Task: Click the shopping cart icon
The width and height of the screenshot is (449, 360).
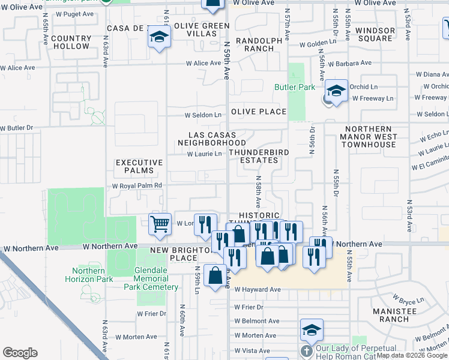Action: pos(160,224)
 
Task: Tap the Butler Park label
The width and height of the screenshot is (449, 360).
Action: pos(295,88)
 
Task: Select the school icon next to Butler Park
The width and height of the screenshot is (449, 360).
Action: pos(336,91)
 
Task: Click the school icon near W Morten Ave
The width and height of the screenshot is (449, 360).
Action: pos(312,330)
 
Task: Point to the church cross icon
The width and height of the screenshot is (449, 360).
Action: pos(306,350)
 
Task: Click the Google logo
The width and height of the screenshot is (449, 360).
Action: pos(20,353)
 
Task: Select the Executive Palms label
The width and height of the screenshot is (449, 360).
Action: pos(139,167)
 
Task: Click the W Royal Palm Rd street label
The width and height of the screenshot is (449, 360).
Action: pos(137,186)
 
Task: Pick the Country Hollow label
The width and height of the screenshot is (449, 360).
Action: pos(71,42)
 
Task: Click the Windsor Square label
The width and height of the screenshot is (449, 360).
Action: pos(375,34)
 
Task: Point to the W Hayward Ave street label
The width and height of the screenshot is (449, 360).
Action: pos(258,289)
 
